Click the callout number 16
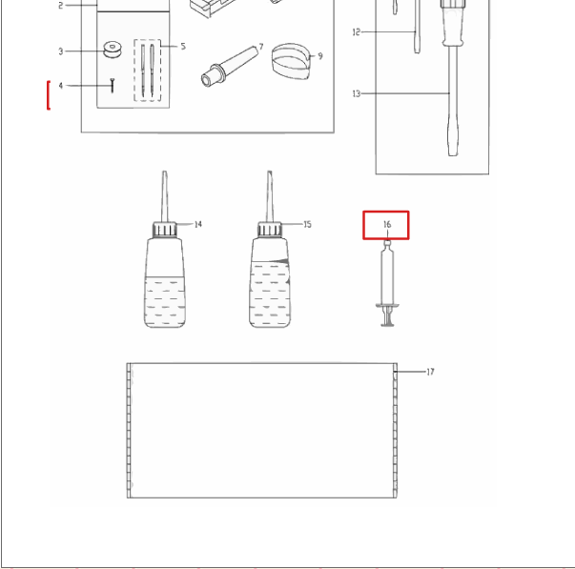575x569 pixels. click(387, 224)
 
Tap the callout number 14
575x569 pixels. click(197, 224)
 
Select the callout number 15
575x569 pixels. click(307, 224)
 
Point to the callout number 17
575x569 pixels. click(430, 372)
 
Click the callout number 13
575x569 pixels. click(356, 93)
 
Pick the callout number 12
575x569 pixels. click(356, 32)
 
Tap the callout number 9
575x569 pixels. click(320, 56)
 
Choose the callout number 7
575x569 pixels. click(261, 47)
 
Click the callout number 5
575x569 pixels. click(183, 46)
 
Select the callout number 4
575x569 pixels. click(61, 86)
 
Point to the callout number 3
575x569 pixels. click(61, 51)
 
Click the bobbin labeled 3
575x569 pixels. click(113, 50)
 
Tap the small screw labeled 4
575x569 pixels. click(113, 85)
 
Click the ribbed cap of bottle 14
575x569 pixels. click(165, 230)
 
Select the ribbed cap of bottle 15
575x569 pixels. click(270, 230)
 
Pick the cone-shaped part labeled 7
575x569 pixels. click(230, 67)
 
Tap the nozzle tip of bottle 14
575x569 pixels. click(165, 173)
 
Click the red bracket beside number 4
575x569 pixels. click(48, 95)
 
